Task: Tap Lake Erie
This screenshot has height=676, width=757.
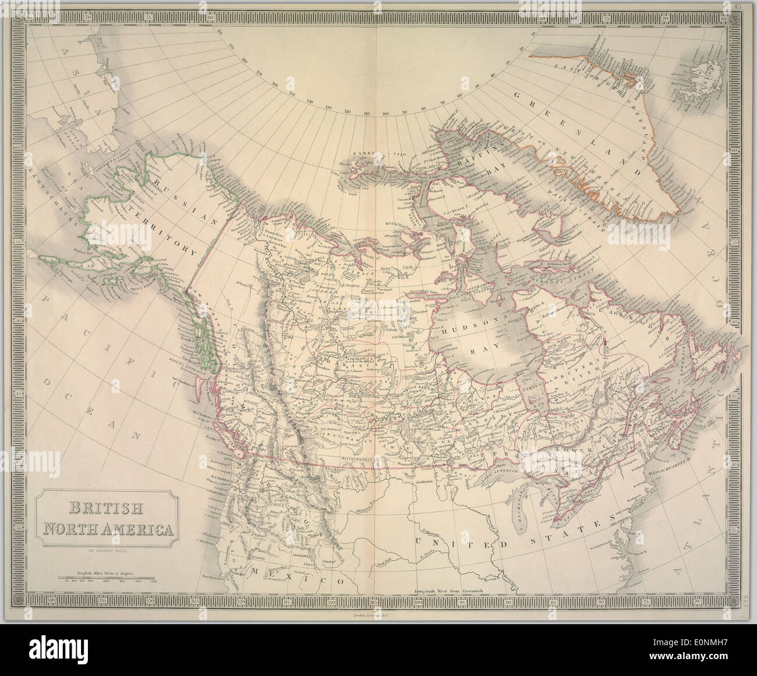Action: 576,512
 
